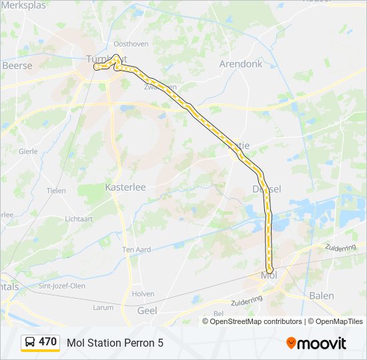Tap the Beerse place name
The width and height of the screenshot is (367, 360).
[17, 66]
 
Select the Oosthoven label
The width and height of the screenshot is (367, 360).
[131, 44]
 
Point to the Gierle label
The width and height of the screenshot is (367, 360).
[28, 151]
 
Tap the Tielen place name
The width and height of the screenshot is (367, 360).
[56, 191]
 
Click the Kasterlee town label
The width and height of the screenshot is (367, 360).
[125, 187]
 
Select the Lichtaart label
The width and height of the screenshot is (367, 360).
[79, 219]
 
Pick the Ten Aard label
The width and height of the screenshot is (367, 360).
[136, 249]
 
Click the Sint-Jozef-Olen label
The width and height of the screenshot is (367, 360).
[62, 286]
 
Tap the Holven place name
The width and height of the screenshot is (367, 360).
[143, 294]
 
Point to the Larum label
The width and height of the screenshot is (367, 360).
[103, 308]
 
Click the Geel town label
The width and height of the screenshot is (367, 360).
[146, 311]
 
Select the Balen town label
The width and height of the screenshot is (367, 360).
[322, 295]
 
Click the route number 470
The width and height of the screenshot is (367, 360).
[47, 342]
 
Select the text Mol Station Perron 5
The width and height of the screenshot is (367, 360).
[115, 343]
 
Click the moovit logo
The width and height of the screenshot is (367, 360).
[316, 343]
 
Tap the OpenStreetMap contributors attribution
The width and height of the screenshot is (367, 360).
[256, 321]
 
